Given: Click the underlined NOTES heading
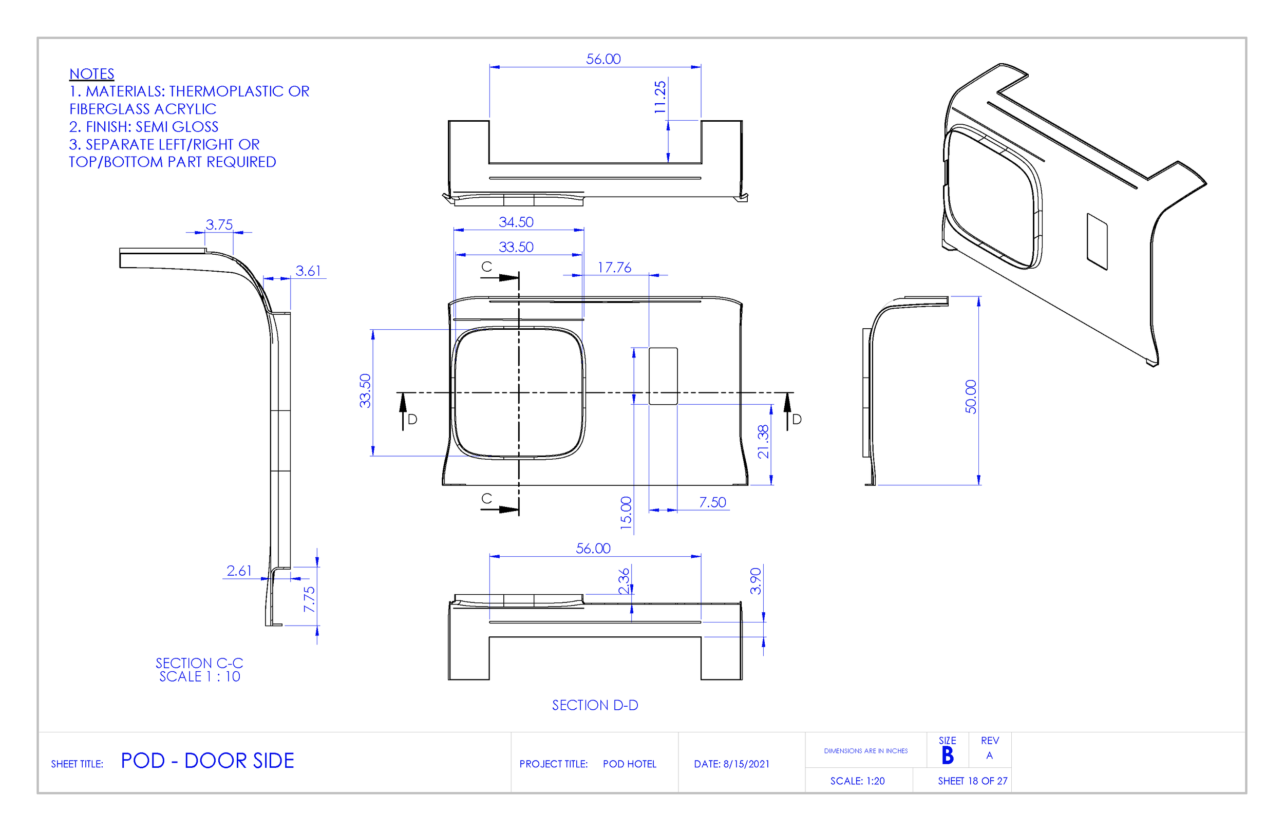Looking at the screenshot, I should pos(92,74).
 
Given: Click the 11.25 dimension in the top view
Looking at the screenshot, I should pos(660,97).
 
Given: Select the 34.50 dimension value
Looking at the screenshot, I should pos(516,222).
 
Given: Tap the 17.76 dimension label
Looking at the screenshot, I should pos(614,268).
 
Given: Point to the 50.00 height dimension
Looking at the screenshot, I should pos(971,396).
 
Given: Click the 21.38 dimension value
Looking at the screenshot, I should pos(763,441).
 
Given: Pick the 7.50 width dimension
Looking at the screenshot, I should pos(712,502).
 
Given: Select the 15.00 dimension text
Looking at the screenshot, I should pos(626,513).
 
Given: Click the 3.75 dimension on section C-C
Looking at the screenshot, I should pos(219,224).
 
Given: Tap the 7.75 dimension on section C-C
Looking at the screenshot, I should pos(309,599).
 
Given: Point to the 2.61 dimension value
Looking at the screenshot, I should pos(239,571).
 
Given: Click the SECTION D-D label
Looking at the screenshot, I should pos(595,705).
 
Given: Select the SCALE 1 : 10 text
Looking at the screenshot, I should pos(200,677).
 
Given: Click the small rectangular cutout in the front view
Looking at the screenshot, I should pos(663,376).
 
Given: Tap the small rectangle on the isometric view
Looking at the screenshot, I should pos(1097,242).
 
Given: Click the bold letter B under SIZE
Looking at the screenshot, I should pos(948,756).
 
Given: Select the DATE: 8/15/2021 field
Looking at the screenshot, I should pos(731,764).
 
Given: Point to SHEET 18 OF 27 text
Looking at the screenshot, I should pos(972,781).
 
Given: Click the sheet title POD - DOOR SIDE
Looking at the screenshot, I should pos(207,761).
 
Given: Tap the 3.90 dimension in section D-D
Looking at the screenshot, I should pos(756,581).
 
